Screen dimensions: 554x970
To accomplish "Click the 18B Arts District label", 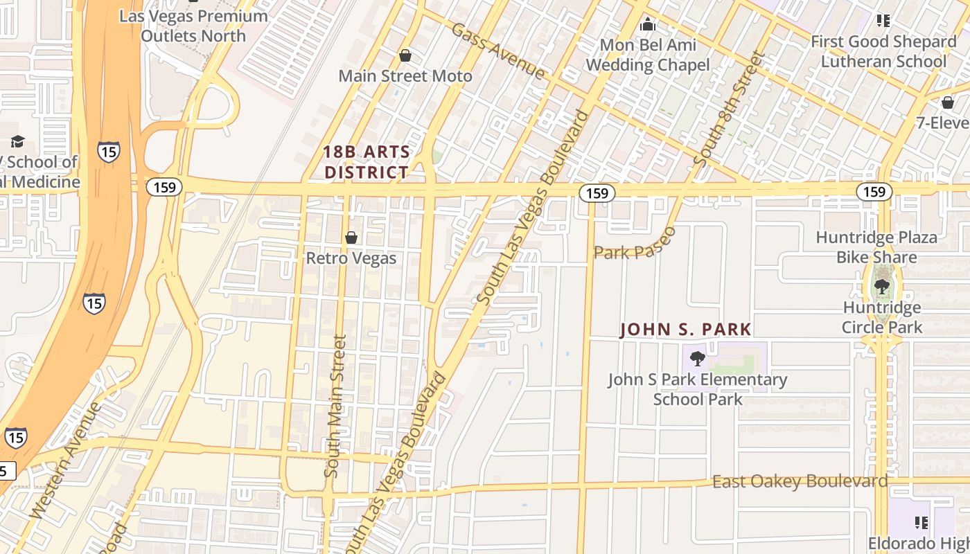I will point(367,162).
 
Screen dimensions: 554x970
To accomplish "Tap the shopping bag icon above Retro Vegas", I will point(351,238).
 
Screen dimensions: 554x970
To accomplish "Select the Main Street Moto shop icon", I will point(405,55).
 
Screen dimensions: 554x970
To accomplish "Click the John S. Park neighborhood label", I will point(685,329).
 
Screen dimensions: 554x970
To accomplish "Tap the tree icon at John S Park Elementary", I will point(698,358).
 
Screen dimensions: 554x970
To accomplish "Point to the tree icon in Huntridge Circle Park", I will point(882,286).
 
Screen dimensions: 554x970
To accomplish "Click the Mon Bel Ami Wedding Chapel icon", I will point(648,25).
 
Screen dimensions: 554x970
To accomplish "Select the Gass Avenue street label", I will point(497,50).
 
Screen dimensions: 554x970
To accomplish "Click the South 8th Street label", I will point(732,109).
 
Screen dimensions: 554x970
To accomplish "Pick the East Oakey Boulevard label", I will point(800,481).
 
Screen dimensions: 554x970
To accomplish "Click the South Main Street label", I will point(335,406).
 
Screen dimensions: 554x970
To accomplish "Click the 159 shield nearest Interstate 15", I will point(164,187).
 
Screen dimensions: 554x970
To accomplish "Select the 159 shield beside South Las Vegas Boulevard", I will point(597,193).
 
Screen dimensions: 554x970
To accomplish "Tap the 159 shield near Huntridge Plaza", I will point(874,191).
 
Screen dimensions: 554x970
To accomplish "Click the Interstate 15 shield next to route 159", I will point(109,151).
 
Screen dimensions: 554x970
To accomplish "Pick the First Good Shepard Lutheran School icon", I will point(883,21).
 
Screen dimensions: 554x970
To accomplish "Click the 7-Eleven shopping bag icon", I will point(948,102).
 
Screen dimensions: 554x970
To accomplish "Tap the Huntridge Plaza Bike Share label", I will point(876,247).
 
